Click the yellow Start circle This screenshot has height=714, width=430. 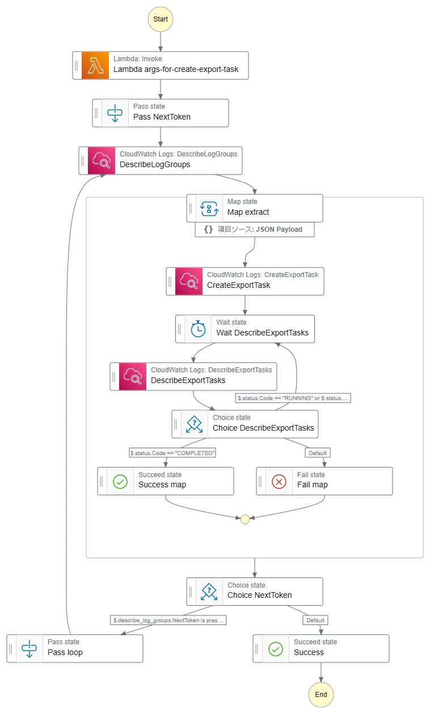[161, 19]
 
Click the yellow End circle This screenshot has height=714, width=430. [321, 694]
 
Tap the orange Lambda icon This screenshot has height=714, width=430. [95, 66]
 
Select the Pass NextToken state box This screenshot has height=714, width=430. [161, 113]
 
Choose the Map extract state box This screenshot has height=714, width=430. [254, 208]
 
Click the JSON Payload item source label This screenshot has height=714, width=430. [254, 229]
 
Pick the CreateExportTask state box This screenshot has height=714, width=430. [245, 281]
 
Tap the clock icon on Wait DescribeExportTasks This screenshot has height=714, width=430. [198, 329]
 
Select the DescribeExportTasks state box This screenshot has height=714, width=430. [193, 376]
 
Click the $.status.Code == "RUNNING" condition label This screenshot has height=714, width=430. [293, 398]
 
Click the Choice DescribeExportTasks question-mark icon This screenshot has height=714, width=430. [195, 424]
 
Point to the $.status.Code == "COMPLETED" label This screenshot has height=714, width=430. [173, 453]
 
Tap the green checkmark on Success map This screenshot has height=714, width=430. [120, 481]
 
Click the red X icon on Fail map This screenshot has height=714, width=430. [279, 481]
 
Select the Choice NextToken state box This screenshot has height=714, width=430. [254, 592]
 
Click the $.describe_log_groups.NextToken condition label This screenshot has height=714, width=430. [168, 620]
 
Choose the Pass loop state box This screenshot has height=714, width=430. [75, 648]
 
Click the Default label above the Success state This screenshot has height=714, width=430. [315, 620]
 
